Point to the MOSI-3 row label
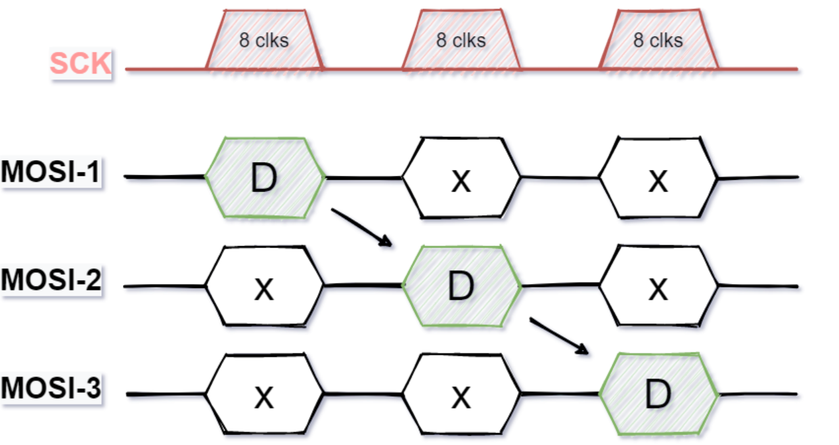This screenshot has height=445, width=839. click(x=51, y=389)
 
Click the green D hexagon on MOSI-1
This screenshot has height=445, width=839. click(x=265, y=177)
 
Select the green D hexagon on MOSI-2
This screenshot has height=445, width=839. click(x=461, y=286)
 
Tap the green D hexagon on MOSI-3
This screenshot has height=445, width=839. click(x=658, y=394)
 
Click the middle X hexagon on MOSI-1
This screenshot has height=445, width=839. click(x=461, y=178)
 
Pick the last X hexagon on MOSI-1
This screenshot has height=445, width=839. click(x=658, y=178)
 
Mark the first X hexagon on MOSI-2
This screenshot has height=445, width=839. click(x=264, y=286)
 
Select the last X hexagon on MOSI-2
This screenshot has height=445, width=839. click(x=658, y=286)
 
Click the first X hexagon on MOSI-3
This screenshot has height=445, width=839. click(x=264, y=394)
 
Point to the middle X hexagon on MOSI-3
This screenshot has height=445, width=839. click(x=461, y=394)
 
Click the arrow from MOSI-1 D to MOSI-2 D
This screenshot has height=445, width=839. click(x=362, y=228)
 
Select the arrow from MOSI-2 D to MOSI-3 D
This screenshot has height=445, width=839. click(x=559, y=336)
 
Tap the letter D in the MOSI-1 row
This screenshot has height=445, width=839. click(x=264, y=179)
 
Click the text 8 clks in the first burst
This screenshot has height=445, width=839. click(x=264, y=41)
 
